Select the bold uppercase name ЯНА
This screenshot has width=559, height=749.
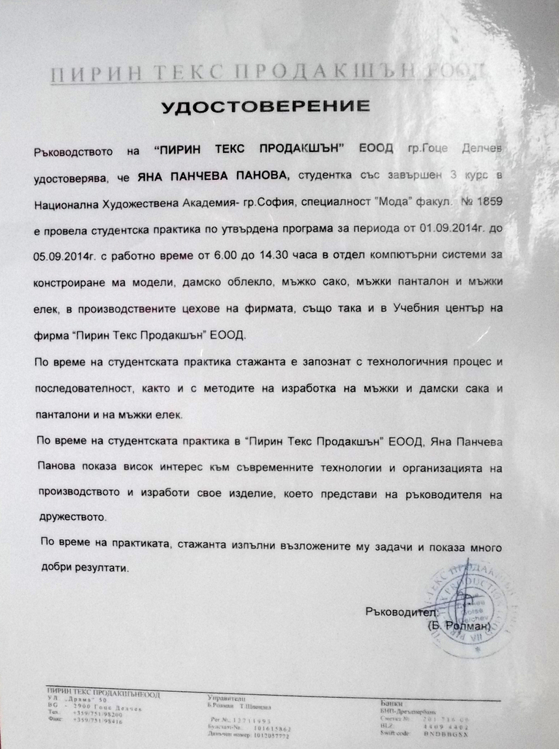[x=151, y=176]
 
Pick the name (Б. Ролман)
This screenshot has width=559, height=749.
[x=457, y=627]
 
